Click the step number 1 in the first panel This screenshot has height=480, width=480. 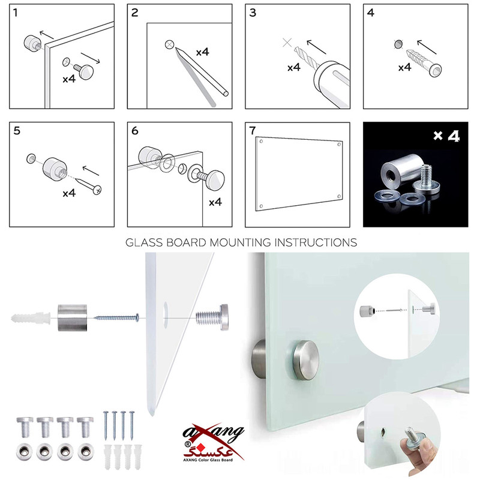(x=16, y=13)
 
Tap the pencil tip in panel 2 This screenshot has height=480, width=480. (x=176, y=49)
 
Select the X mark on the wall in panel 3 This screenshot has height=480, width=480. (x=287, y=43)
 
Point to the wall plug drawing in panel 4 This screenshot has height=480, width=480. (x=424, y=63)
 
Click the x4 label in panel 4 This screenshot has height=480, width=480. (x=404, y=67)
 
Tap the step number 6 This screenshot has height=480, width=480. (x=134, y=131)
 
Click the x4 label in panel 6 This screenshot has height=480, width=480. (x=215, y=202)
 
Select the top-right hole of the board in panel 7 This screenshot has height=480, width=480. (x=339, y=145)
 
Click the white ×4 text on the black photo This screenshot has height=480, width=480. (x=446, y=136)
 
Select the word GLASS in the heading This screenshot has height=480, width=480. (x=144, y=242)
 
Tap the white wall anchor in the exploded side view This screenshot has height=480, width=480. (x=31, y=318)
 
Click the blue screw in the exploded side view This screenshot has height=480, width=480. (x=116, y=318)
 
